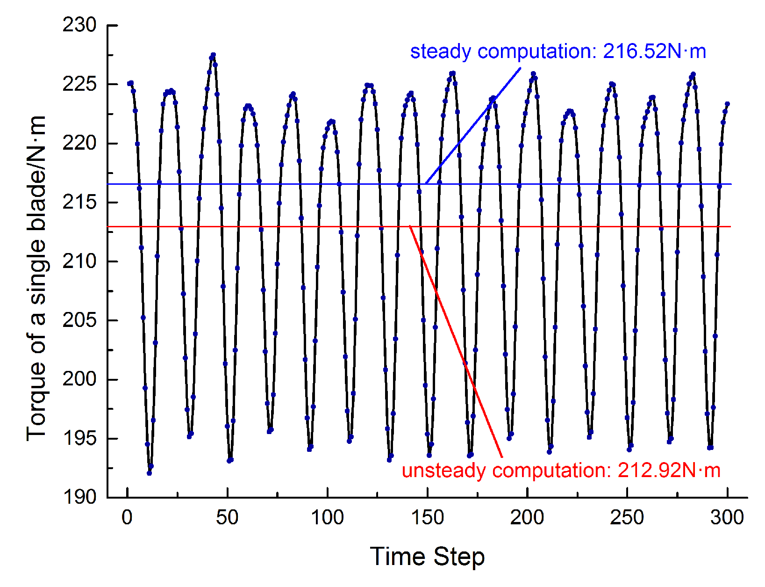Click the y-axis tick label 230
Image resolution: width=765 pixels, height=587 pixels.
[x=79, y=25]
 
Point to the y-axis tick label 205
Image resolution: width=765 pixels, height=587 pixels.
[x=79, y=320]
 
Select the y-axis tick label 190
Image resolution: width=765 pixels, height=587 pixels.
[x=79, y=497]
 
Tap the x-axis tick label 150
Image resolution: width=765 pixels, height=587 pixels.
[x=427, y=518]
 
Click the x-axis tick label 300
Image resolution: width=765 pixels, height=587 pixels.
[x=727, y=518]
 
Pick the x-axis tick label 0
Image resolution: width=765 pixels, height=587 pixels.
[x=127, y=518]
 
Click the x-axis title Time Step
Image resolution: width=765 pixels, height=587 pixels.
[x=427, y=557]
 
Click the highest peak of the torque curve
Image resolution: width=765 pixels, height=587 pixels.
[x=213, y=55]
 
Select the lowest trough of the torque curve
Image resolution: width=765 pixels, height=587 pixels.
[x=149, y=473]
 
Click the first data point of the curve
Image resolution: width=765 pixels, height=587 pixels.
[x=129, y=83]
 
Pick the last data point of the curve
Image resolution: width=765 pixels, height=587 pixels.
[x=727, y=104]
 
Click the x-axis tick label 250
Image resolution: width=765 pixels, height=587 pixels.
[x=627, y=518]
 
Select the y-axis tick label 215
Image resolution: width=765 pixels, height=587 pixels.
[x=79, y=202]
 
